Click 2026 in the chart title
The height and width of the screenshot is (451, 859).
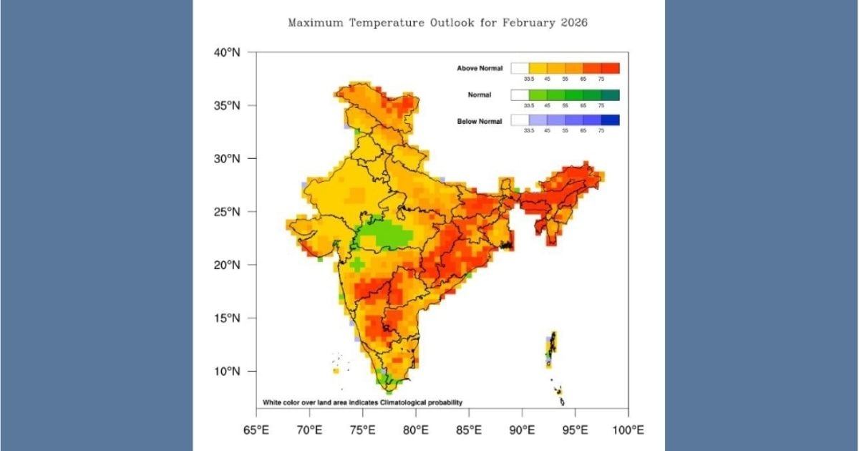point(572,23)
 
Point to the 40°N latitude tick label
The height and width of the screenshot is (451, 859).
point(227,52)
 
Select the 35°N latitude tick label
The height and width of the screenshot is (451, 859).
point(227,105)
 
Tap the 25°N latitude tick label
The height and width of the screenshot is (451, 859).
point(227,212)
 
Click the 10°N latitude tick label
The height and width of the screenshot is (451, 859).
point(227,372)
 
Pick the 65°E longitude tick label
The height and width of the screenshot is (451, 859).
point(256,430)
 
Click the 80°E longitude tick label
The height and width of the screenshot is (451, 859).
point(416,430)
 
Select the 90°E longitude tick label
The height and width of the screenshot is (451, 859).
point(522,430)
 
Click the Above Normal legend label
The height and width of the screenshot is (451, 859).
point(480,68)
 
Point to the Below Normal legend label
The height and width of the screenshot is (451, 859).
point(480,121)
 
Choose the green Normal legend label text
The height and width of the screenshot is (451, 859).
point(480,94)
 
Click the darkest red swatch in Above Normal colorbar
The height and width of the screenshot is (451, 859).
point(610,68)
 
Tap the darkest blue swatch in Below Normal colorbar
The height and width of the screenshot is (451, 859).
point(610,120)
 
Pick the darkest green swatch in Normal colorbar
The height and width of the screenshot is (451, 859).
point(610,94)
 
